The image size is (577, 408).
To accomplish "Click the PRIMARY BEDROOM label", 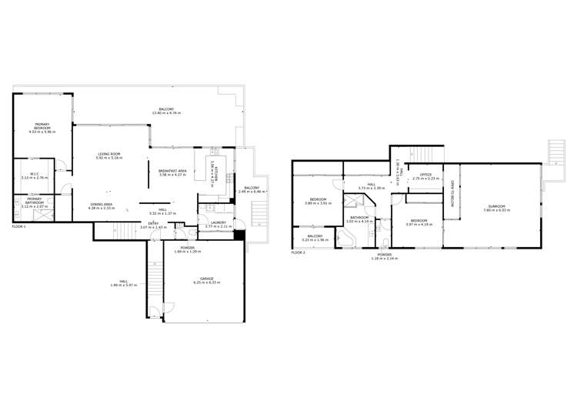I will point(42,125).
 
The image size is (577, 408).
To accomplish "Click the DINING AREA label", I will point(102,204).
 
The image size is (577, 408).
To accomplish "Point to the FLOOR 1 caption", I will point(19,227).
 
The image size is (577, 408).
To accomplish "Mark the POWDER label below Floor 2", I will point(385,253).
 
